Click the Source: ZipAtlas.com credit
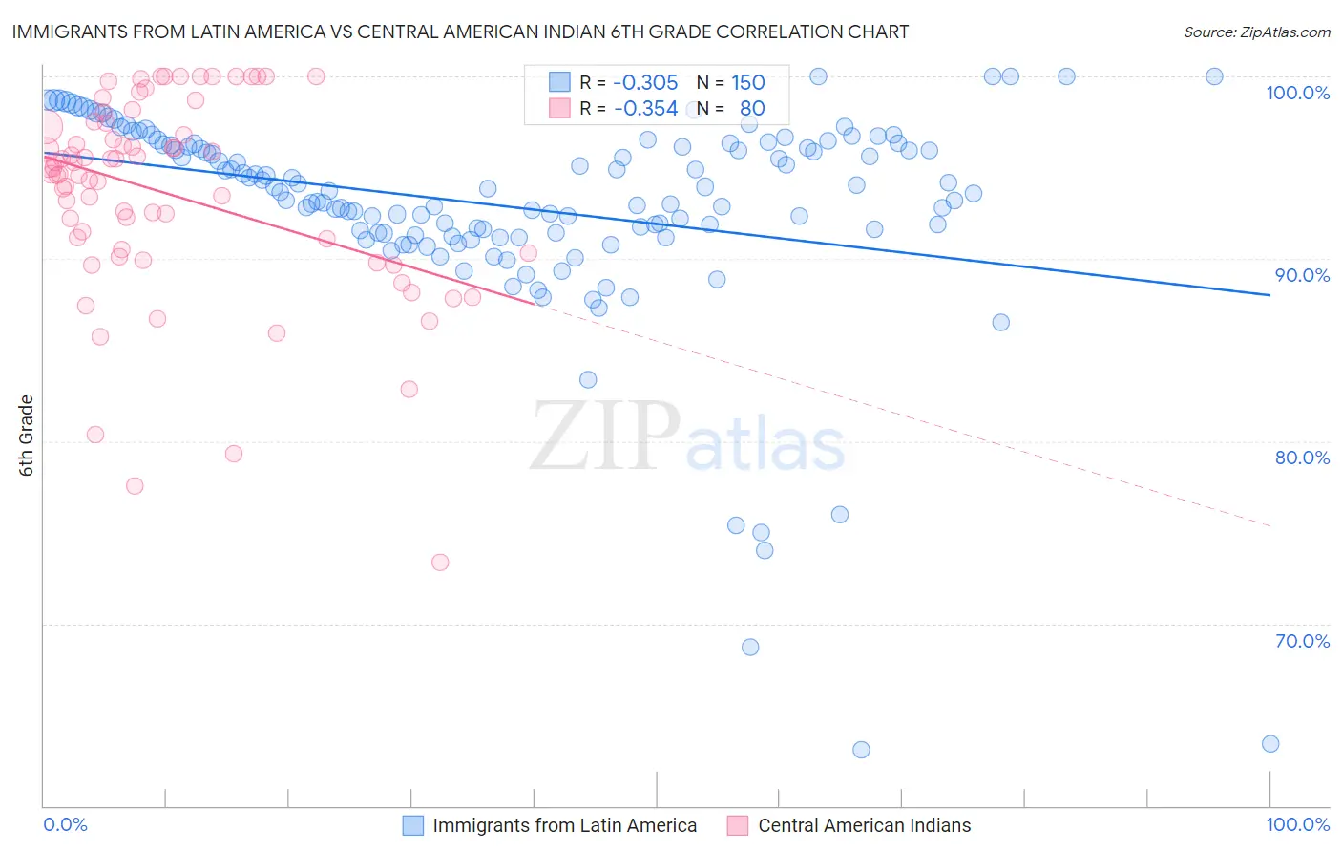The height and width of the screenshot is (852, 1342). coord(1256,32)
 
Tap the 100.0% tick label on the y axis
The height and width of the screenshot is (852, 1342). coord(1297,93)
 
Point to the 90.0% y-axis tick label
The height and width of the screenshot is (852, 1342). coord(1302,275)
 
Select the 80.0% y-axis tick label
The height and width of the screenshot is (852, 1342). coord(1302,458)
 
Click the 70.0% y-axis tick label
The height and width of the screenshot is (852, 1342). coord(1302,641)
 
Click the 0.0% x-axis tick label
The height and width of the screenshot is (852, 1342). coord(65,824)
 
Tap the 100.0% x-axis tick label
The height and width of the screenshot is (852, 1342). coord(1297,824)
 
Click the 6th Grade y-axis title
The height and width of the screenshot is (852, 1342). coord(27,435)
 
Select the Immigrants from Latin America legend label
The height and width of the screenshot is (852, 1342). coord(564,825)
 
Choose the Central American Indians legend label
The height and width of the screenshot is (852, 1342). coord(864,825)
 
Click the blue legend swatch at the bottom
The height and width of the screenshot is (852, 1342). coord(412,825)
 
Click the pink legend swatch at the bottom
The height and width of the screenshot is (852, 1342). coord(737,825)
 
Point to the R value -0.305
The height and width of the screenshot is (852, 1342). coord(645,82)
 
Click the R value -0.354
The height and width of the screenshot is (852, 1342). coord(645,108)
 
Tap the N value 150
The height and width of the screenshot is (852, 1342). coord(748,82)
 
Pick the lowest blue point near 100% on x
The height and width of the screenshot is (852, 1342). coord(1269,744)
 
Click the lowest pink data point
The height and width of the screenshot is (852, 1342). coord(440,563)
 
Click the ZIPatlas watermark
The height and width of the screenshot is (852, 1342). coord(687,437)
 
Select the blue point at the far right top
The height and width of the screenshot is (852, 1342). coord(1214,76)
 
